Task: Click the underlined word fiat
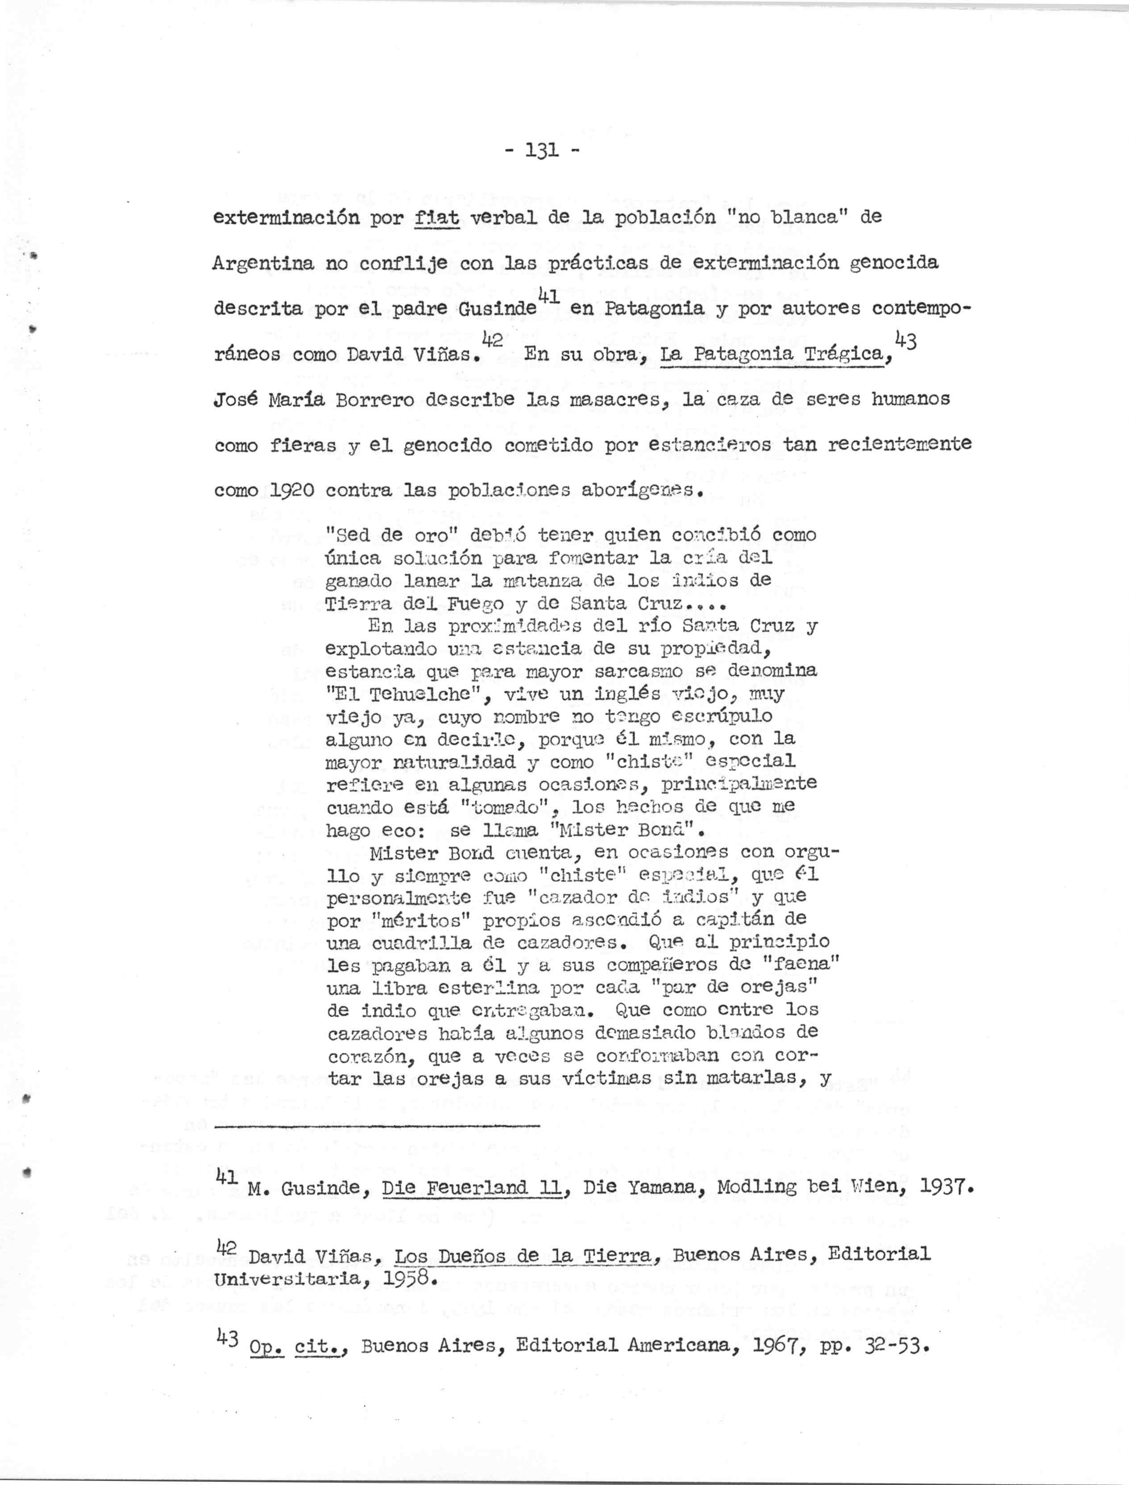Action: tap(437, 218)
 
